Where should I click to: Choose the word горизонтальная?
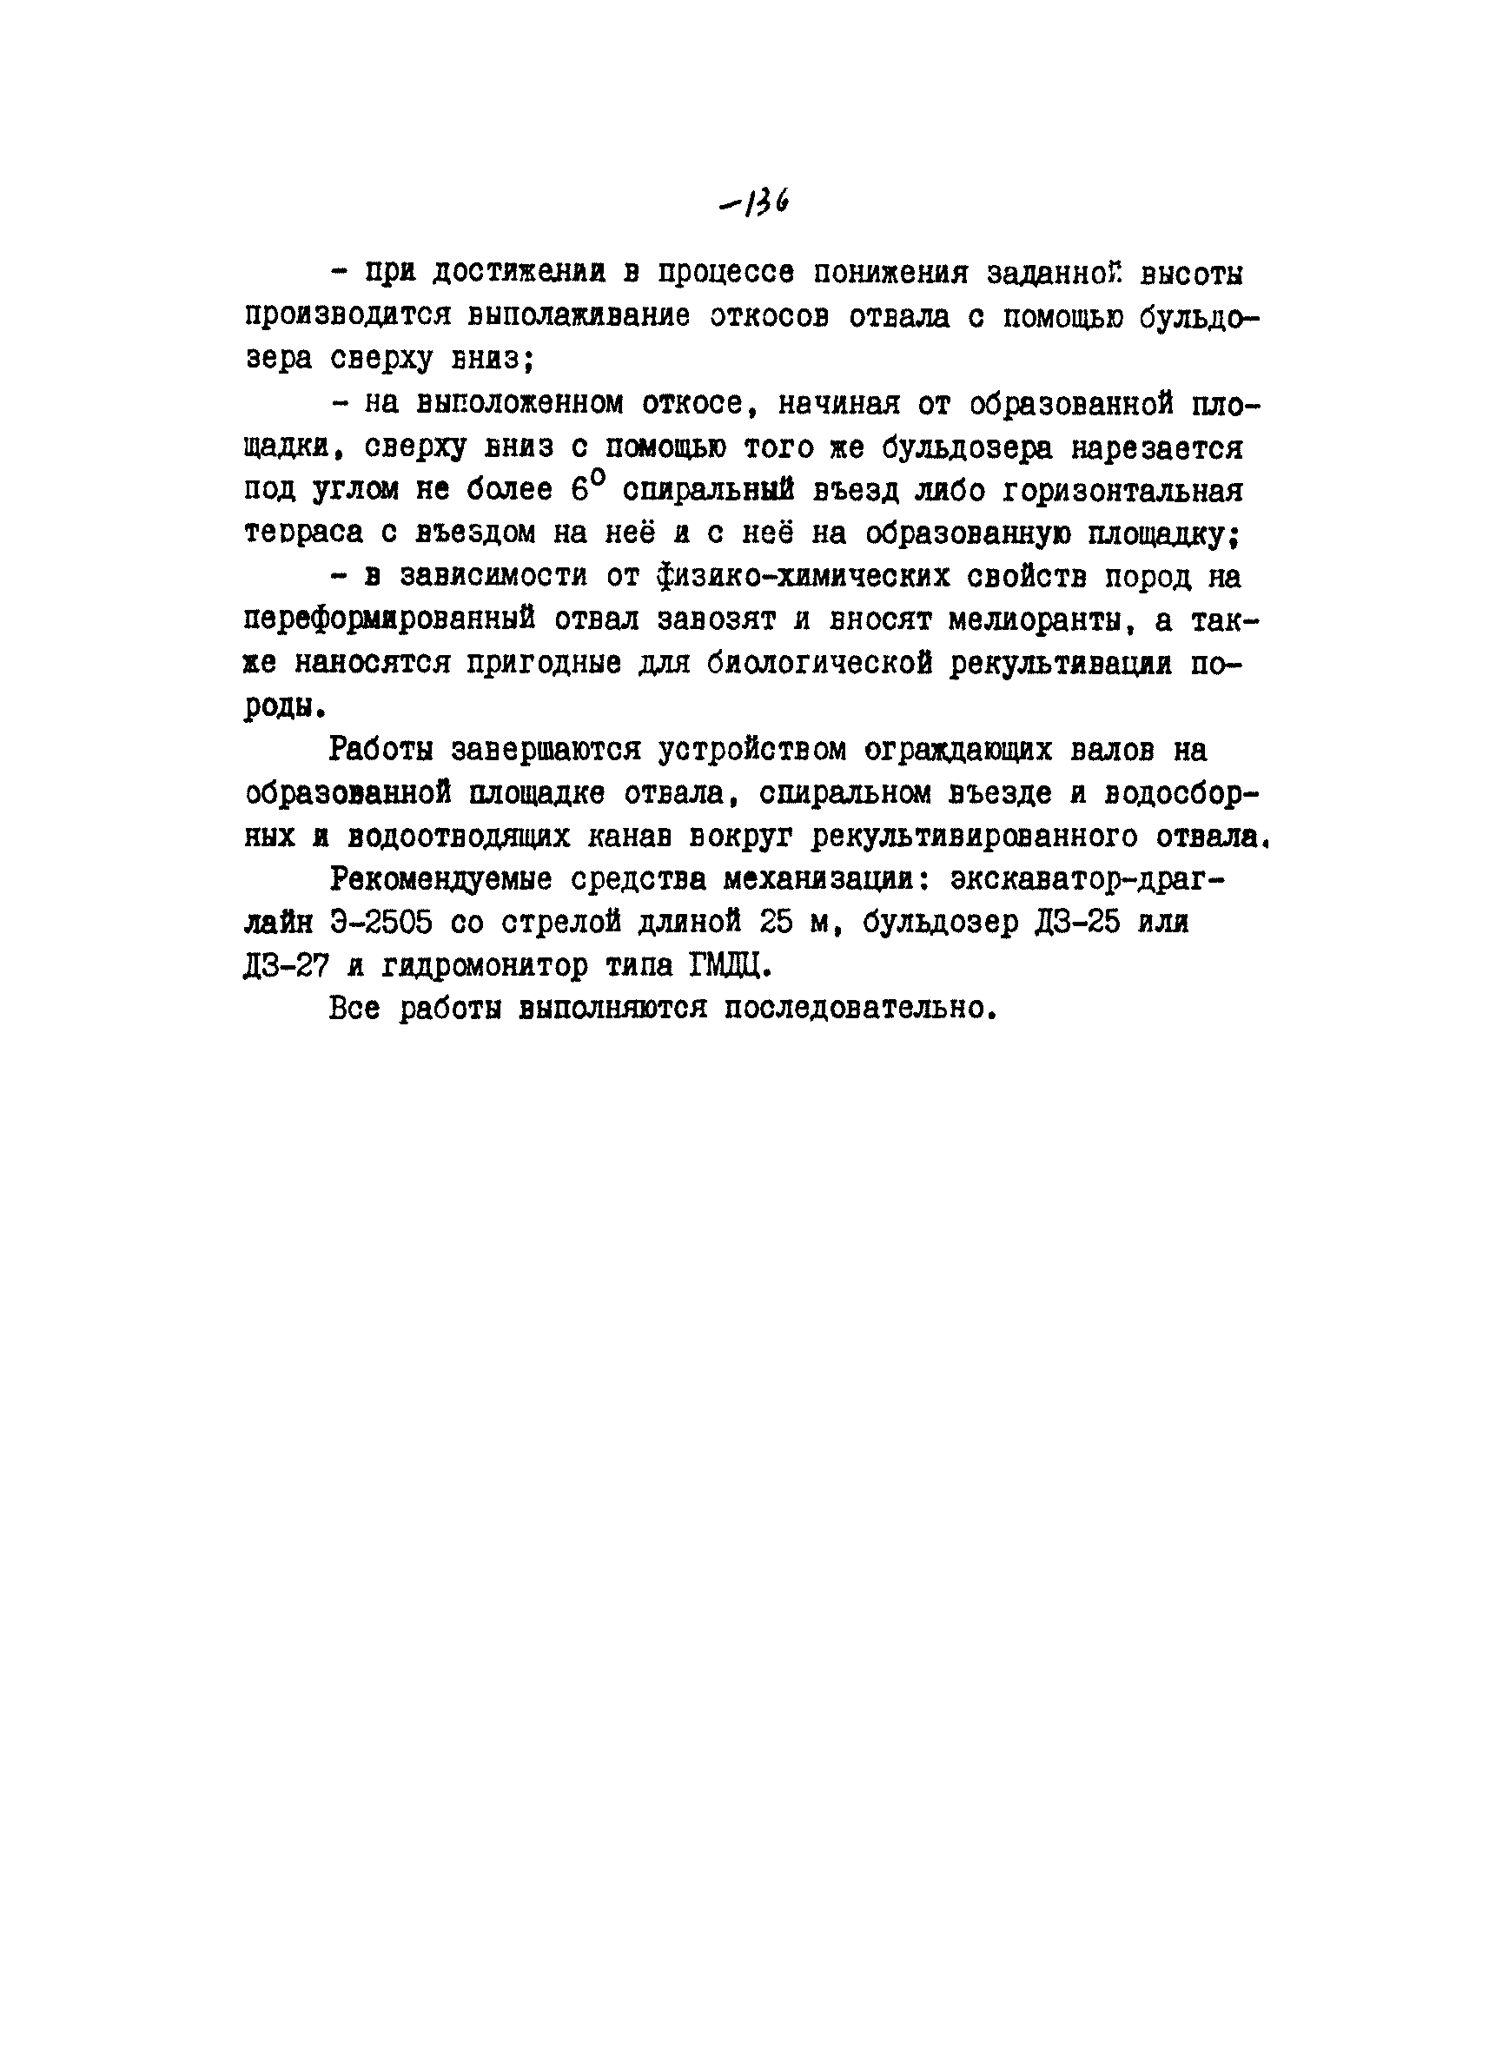tap(1106, 490)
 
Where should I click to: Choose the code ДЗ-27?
tap(286, 966)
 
